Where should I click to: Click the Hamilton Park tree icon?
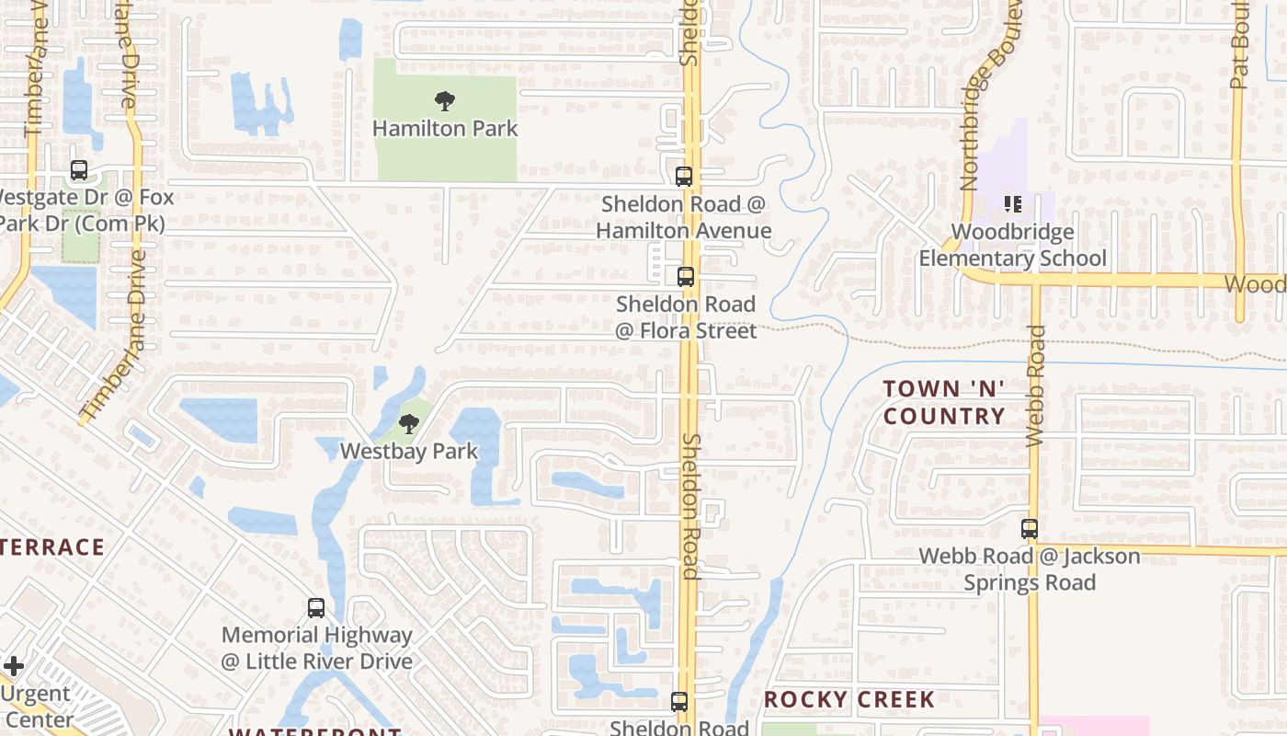coord(445,100)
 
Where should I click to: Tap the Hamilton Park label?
coord(445,129)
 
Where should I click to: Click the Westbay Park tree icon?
coord(409,424)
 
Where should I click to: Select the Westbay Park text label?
coord(409,451)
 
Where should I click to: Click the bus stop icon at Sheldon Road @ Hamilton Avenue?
coord(684,177)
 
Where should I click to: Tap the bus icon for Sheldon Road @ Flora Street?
coord(686,277)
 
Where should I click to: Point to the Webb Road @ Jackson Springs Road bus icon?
coord(1030,529)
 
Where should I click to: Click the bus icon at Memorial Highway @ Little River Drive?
coord(316,608)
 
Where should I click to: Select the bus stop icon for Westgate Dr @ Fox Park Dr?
coord(79,170)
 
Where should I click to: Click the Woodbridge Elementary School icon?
coord(1013,203)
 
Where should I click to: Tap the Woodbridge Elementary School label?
coord(1013,245)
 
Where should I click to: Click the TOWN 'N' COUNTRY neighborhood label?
coord(944,402)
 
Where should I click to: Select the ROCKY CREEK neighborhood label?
coord(849,699)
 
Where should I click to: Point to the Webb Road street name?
coord(1036,386)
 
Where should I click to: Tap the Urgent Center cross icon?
coord(14,665)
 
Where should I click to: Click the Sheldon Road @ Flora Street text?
coord(686,316)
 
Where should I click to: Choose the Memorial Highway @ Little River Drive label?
coord(316,648)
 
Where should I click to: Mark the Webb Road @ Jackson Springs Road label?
coord(1030,569)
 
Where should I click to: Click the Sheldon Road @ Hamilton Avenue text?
coord(684,217)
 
